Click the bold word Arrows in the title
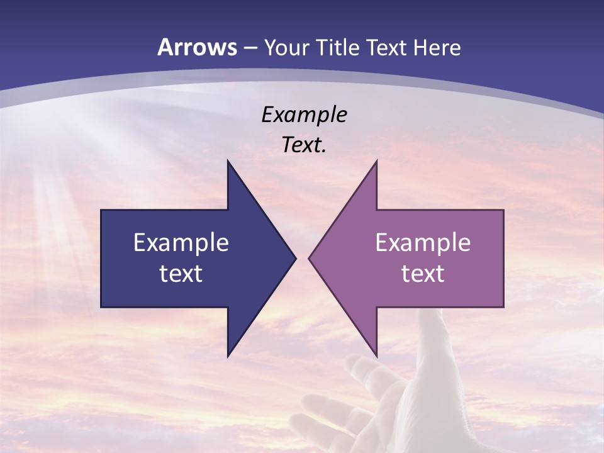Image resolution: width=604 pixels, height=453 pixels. pos(198,47)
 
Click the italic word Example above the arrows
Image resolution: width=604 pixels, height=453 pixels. pos(305,115)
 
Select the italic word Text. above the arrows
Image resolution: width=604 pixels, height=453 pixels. pos(305,145)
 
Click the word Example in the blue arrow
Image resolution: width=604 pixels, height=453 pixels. pos(181,243)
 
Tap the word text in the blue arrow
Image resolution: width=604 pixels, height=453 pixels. pos(181,273)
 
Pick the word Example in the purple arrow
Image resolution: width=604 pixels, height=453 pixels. pos(423,243)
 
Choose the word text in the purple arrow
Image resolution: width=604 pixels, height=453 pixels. pos(423,273)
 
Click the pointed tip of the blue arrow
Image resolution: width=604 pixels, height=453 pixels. pos(295,258)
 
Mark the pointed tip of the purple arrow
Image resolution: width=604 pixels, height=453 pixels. pos(310,258)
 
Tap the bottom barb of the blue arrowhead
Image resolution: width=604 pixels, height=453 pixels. pos(228,354)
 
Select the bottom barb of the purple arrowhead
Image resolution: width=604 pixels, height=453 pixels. pos(376,354)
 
